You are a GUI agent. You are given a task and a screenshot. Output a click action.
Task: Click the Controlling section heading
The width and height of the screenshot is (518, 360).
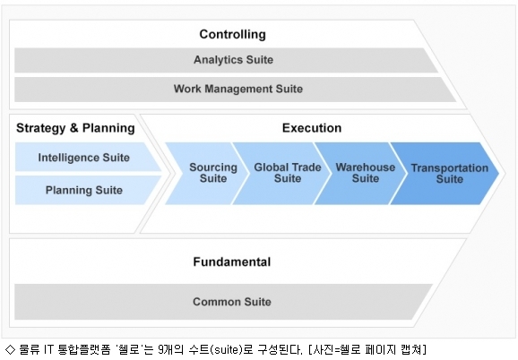point(233,34)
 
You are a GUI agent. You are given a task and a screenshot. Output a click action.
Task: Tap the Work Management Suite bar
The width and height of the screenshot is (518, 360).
point(235,89)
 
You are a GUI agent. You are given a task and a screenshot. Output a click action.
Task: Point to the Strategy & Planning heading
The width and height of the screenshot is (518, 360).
point(75,128)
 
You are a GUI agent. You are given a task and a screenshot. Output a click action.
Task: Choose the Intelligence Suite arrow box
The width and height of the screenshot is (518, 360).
point(88,157)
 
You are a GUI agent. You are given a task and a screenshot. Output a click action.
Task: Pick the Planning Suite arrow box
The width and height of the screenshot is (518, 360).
point(88,190)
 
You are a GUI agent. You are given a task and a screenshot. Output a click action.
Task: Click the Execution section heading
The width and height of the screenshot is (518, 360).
point(312,128)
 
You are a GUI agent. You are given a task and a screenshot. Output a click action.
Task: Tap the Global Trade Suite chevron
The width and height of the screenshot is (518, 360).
point(281,173)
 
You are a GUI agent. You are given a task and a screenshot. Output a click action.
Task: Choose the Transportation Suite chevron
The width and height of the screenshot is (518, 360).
point(445,173)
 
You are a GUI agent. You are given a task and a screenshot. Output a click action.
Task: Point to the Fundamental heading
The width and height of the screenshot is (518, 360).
point(232,262)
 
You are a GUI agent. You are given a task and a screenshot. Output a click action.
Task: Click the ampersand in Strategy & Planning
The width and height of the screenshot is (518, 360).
point(74,128)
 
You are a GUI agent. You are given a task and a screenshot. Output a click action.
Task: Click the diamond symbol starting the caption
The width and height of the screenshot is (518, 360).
point(10,349)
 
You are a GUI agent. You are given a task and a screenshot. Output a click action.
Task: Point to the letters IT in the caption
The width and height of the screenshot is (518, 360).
point(49,349)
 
